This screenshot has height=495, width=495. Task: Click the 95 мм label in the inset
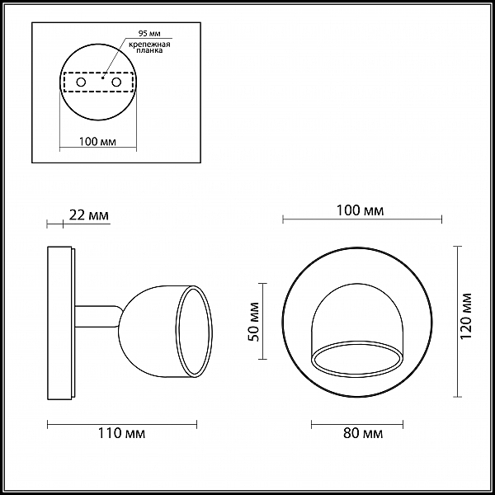[149, 34]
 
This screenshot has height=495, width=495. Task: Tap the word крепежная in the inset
[149, 44]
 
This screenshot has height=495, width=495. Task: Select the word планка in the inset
[149, 50]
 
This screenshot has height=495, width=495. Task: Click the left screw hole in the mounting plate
[81, 82]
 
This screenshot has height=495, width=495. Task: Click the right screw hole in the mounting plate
[116, 82]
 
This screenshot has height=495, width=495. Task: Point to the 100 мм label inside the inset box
[97, 141]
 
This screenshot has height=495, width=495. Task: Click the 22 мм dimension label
[89, 215]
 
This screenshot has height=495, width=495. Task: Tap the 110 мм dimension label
[121, 433]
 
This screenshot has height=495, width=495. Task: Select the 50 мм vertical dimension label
[254, 322]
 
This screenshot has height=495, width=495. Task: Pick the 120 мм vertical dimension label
[466, 316]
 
